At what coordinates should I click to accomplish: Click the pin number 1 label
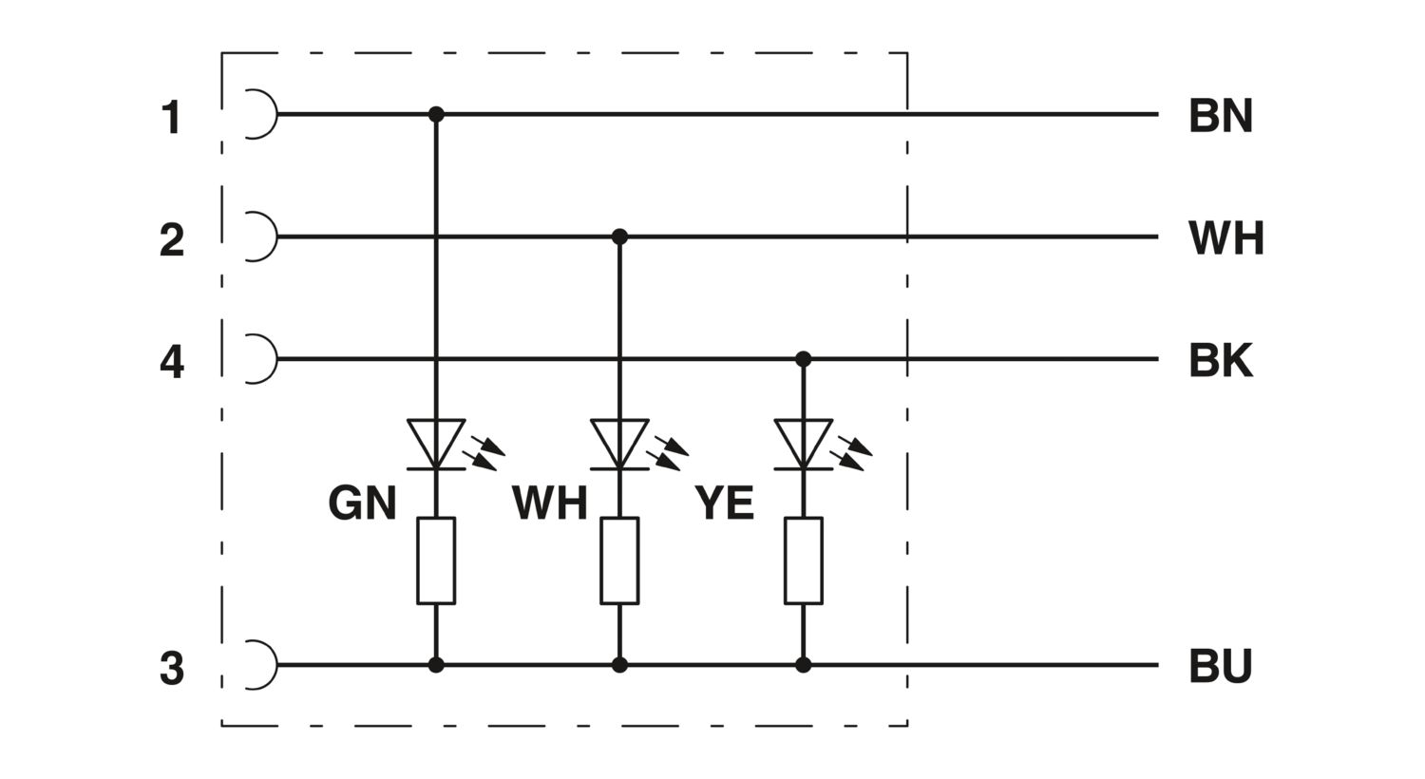[172, 118]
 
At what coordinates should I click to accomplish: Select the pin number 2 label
[172, 239]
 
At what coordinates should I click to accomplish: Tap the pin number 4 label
[172, 362]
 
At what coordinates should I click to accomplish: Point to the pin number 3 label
[172, 668]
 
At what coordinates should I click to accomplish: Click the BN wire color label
[1220, 116]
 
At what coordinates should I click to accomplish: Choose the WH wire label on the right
[1225, 238]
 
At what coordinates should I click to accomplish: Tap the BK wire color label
[1220, 361]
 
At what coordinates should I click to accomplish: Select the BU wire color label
[1220, 666]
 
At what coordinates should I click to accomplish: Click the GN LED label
[362, 503]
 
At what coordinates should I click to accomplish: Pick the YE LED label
[724, 503]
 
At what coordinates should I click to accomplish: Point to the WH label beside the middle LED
[550, 503]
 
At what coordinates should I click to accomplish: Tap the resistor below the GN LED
[436, 560]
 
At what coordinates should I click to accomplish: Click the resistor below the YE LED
[804, 560]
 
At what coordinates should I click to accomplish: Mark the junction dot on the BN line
[436, 114]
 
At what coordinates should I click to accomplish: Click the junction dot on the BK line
[804, 359]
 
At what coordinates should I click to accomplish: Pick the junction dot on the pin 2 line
[619, 237]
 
